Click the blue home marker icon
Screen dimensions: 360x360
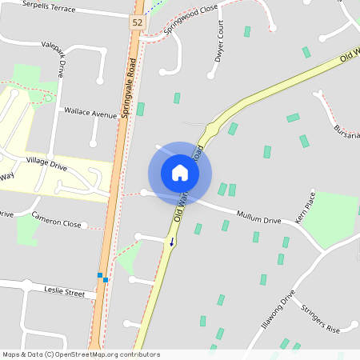point(180,173)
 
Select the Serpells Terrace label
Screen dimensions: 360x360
point(49,7)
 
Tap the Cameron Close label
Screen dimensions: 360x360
point(56,220)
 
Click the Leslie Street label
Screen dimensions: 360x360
point(64,293)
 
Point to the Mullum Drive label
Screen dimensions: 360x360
point(258,216)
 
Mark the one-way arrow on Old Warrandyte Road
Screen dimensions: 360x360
point(170,241)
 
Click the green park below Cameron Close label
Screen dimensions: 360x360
point(27,231)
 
